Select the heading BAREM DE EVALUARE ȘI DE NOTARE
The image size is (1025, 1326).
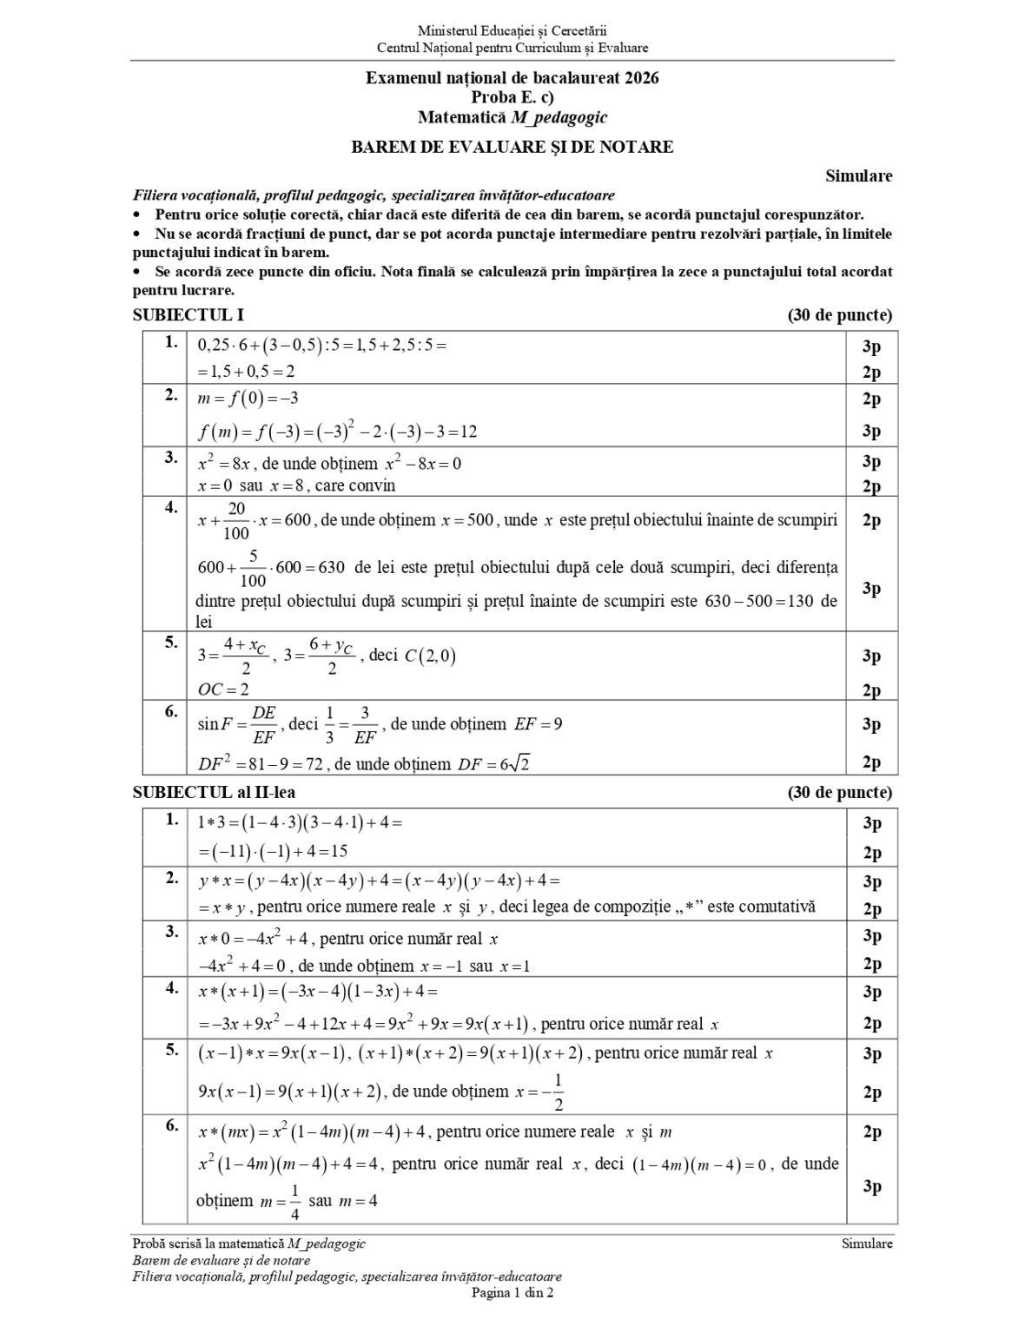click(512, 147)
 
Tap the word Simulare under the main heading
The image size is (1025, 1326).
click(858, 176)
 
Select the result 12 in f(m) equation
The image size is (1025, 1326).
click(468, 432)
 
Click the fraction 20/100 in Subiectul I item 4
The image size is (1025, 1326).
click(236, 520)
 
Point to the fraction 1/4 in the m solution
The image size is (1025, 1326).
click(294, 1201)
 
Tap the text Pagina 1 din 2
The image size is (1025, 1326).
click(512, 1292)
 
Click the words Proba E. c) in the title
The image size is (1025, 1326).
click(512, 97)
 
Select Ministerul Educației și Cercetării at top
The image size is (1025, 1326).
click(512, 31)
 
